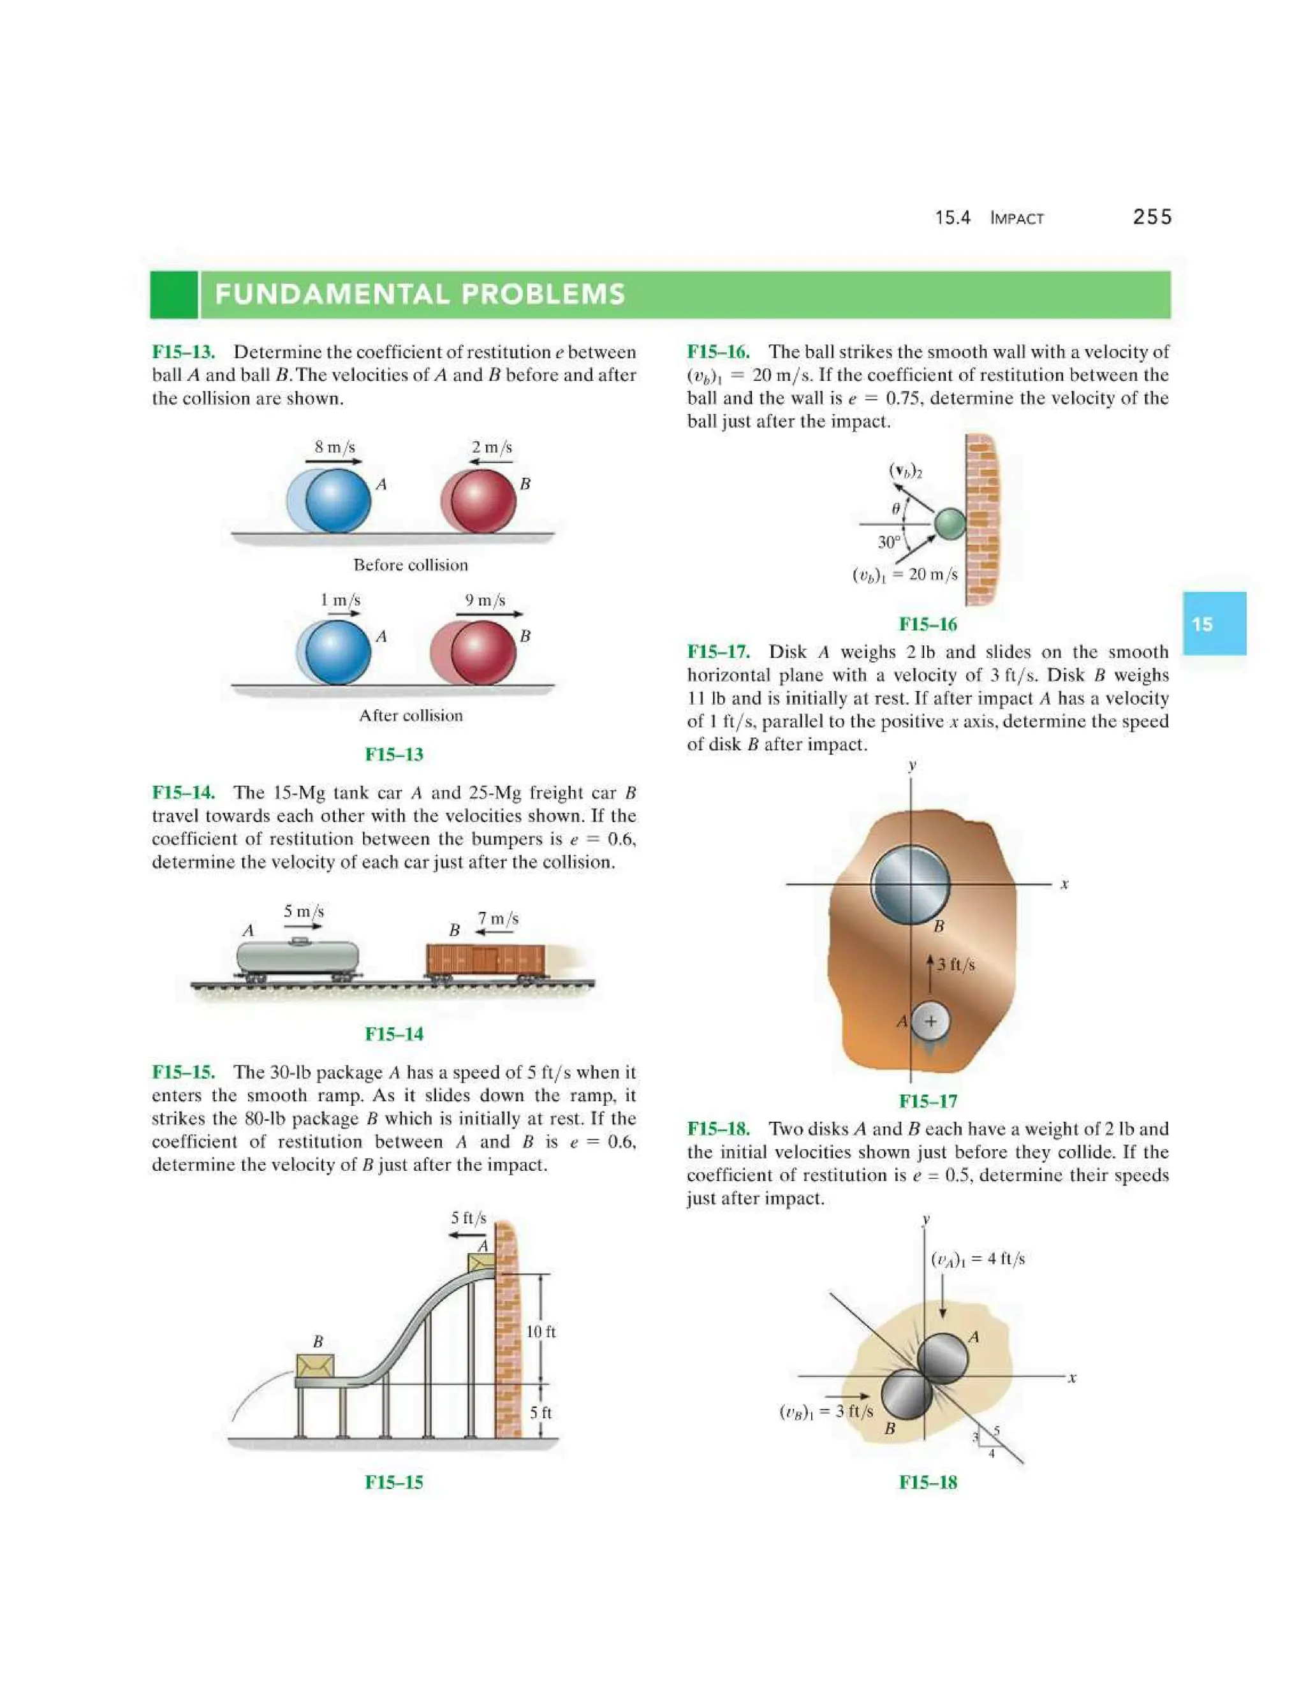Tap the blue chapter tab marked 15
click(1214, 624)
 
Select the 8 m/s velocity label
click(334, 447)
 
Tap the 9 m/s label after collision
click(485, 601)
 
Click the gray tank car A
click(297, 958)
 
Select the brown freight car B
click(485, 960)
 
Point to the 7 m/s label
click(497, 918)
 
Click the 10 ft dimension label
click(540, 1332)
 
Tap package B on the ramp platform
click(315, 1366)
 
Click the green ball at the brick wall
click(950, 524)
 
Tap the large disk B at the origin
click(910, 884)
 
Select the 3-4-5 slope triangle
click(988, 1440)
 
